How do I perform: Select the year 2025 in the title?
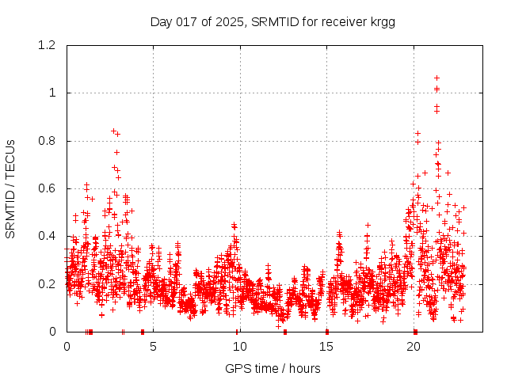(230, 21)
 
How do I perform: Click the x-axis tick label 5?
(153, 346)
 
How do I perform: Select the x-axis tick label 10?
(239, 346)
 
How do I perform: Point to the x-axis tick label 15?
(326, 346)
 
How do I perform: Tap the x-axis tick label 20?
(413, 346)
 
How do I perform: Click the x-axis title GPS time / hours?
(273, 368)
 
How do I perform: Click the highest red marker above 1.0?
(436, 78)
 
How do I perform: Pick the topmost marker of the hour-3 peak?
(113, 131)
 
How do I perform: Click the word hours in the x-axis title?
(304, 368)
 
